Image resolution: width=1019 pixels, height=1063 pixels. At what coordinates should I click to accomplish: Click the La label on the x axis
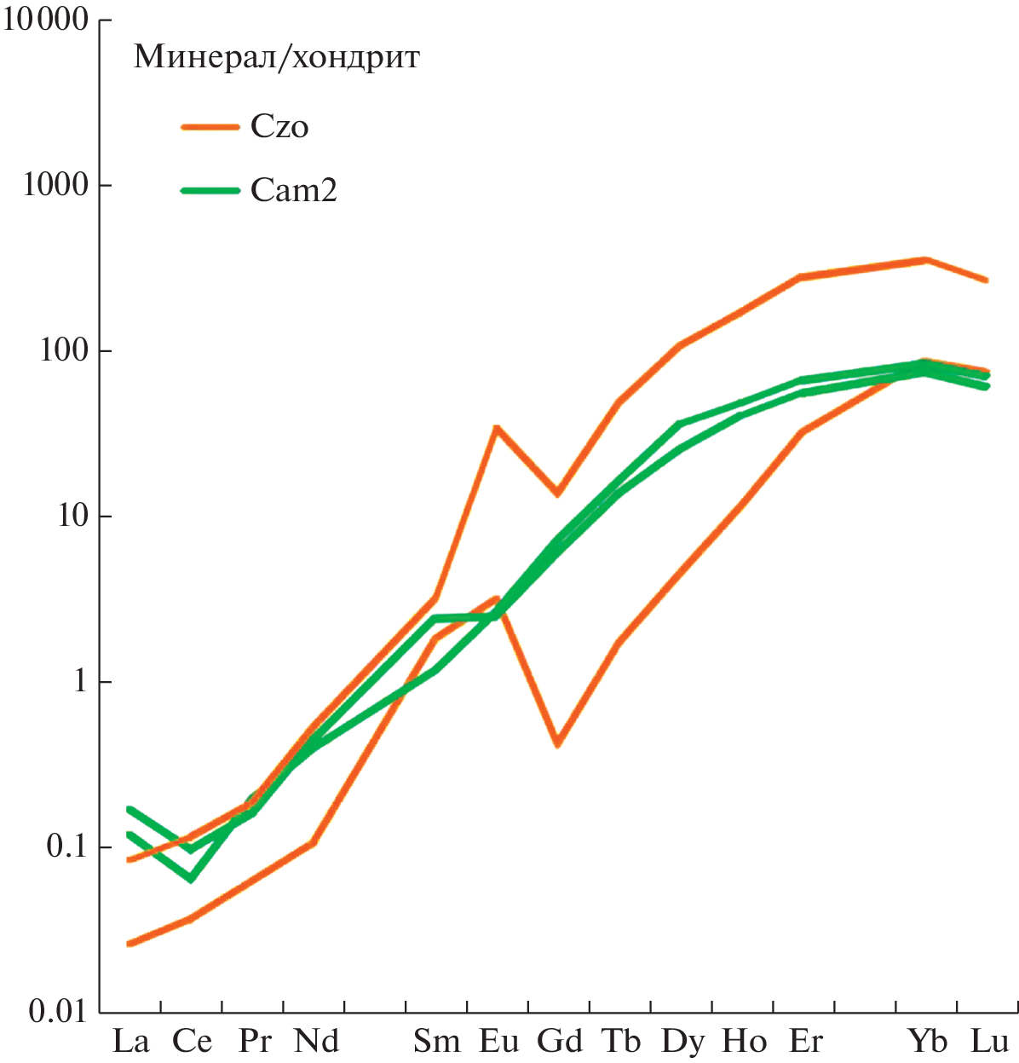click(x=131, y=1042)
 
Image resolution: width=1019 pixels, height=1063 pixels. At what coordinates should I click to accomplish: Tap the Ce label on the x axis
click(x=192, y=1042)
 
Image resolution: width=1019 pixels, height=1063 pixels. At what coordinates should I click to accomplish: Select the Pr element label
click(x=255, y=1042)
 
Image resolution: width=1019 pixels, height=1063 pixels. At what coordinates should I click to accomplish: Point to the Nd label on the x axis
click(x=316, y=1042)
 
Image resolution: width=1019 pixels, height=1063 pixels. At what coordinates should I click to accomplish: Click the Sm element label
click(x=437, y=1042)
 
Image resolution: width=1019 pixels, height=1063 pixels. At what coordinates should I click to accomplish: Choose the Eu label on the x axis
click(x=499, y=1042)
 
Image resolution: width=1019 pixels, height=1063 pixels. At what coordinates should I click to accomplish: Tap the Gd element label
click(x=560, y=1042)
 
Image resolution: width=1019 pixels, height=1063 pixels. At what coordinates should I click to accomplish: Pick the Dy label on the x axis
click(x=682, y=1042)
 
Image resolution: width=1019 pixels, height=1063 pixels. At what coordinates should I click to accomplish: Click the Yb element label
click(x=927, y=1042)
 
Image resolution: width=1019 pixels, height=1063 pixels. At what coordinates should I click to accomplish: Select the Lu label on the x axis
click(x=989, y=1042)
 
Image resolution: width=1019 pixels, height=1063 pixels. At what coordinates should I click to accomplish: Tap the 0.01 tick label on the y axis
click(x=58, y=1012)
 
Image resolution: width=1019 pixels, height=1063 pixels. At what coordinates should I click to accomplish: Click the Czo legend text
click(x=279, y=127)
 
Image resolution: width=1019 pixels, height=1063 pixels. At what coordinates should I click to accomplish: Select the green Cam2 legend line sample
click(x=210, y=190)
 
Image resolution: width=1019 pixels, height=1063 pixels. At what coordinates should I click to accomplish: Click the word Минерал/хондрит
click(x=277, y=57)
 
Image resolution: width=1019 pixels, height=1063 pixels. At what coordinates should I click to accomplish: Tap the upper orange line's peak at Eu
click(x=496, y=428)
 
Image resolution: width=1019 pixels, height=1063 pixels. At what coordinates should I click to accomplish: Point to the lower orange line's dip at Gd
click(x=557, y=744)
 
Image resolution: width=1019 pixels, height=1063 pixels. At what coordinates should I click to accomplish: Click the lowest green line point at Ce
click(x=190, y=879)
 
